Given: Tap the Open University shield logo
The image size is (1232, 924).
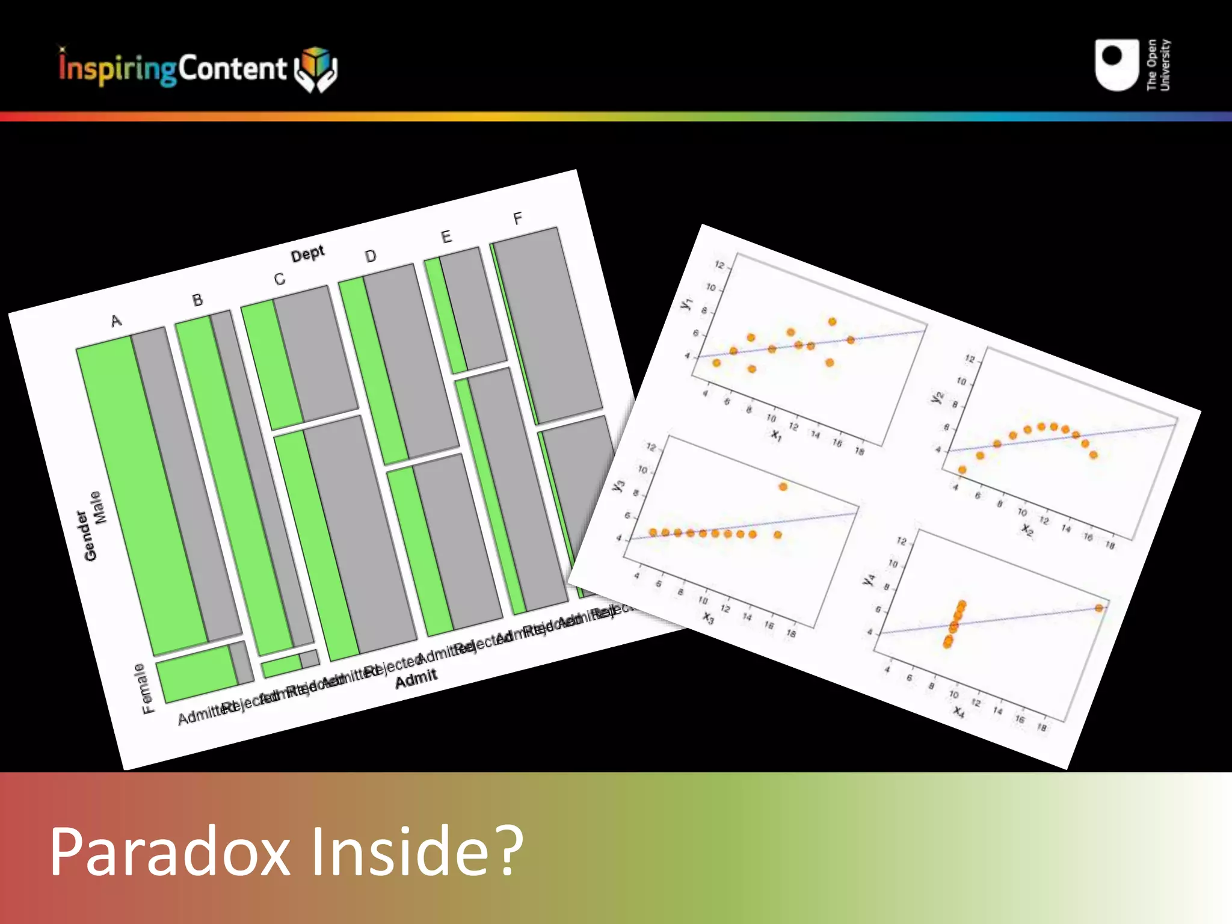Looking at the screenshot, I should pyautogui.click(x=1116, y=65).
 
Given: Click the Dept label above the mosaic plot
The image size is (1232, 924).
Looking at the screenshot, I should pyautogui.click(x=307, y=254).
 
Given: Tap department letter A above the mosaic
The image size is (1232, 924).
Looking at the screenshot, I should pyautogui.click(x=116, y=321).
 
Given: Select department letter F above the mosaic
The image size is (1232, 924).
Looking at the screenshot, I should pyautogui.click(x=517, y=218).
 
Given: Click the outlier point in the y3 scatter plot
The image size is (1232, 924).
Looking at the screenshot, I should pyautogui.click(x=783, y=487).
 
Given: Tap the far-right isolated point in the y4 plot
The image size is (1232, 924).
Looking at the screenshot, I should pyautogui.click(x=1099, y=608).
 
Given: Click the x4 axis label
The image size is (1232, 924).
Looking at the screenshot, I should pyautogui.click(x=959, y=712).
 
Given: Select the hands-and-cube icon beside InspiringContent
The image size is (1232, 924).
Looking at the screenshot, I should pyautogui.click(x=316, y=69).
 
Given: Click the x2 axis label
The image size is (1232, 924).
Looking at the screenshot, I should pyautogui.click(x=1027, y=529).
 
